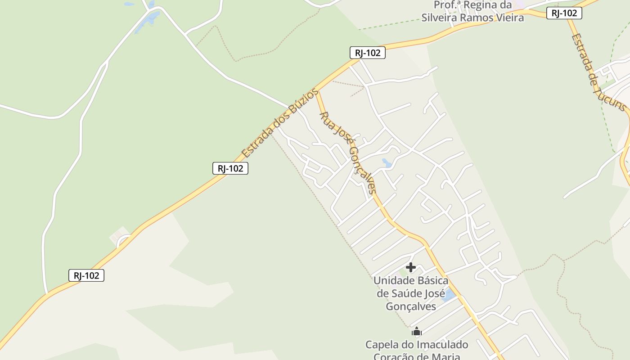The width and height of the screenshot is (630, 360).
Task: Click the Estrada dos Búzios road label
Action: coord(280,123)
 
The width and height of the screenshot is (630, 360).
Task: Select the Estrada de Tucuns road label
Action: coord(598,72)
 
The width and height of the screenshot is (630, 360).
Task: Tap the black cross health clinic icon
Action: coord(410,267)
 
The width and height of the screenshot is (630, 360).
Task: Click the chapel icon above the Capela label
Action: coord(417,332)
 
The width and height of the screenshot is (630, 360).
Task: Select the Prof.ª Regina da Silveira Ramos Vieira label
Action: coord(472,12)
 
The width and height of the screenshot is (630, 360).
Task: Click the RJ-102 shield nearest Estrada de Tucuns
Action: coord(564,13)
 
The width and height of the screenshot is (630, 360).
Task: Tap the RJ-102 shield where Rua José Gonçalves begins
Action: coord(368,53)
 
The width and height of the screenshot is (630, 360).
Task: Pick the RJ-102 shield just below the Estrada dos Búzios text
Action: coord(230,168)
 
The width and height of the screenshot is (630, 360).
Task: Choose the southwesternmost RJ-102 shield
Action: coord(86,275)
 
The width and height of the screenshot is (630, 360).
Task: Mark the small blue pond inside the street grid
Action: coord(387,162)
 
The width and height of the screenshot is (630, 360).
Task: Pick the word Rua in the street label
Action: coord(326,119)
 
